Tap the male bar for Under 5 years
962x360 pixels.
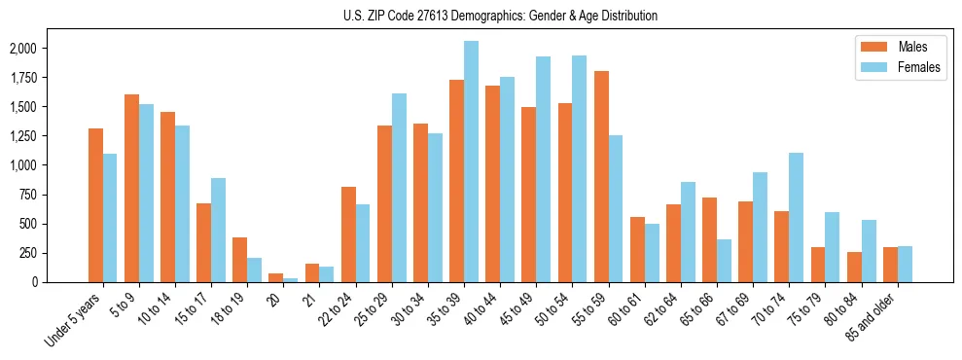point(95,205)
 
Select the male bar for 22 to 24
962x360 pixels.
point(348,234)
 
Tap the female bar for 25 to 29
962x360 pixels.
point(399,188)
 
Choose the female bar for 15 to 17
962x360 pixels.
point(218,230)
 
